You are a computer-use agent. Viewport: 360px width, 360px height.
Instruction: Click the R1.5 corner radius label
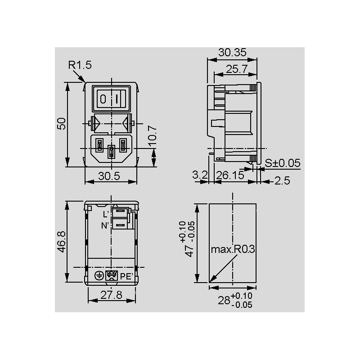click(x=80, y=65)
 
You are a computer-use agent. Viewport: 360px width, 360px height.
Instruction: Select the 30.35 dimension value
click(x=232, y=52)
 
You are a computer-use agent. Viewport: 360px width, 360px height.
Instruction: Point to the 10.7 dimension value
click(x=153, y=136)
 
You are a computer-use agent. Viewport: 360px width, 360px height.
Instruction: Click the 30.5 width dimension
click(x=109, y=176)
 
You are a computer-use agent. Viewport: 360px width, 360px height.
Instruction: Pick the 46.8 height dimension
click(x=62, y=242)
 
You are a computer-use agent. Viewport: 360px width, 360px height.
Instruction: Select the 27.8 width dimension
click(x=111, y=295)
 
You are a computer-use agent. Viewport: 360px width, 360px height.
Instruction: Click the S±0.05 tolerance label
click(x=283, y=163)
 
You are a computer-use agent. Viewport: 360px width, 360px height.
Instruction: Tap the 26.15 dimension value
click(x=230, y=175)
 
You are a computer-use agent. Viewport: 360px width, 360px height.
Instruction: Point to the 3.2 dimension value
click(x=200, y=175)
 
